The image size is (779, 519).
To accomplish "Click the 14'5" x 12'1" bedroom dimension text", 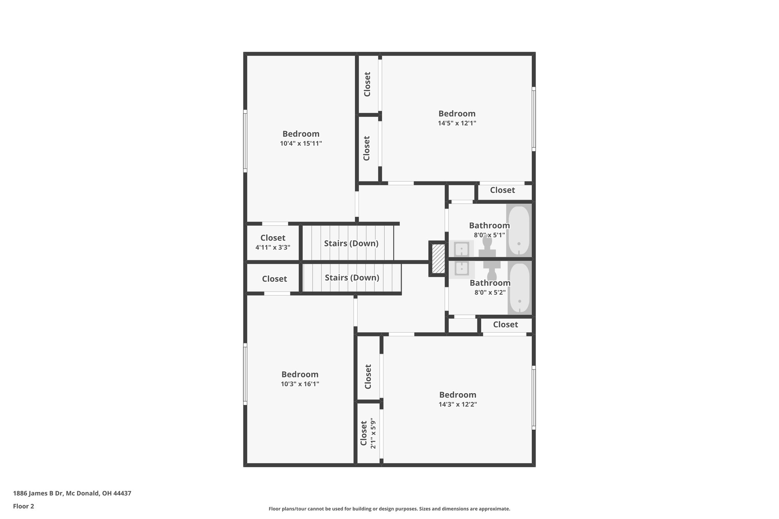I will pos(457,123).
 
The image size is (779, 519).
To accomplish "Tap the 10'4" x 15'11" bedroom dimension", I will pos(301,143).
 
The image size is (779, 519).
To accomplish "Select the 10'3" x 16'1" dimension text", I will pos(300,384).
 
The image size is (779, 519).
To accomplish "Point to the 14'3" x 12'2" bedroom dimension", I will pos(458,404).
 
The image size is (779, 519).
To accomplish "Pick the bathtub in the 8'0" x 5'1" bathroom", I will pos(519,230).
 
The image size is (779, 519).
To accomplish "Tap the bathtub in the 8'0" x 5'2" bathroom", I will pos(519,289).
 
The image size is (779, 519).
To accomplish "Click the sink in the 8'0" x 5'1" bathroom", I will pos(461,249).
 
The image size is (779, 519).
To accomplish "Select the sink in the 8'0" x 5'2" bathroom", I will pos(462,269).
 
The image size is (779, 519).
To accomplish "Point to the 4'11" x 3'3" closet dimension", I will pos(273,248).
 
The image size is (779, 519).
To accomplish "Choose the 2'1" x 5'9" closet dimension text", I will pos(373,433).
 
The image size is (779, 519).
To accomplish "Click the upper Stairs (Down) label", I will pos(351,243).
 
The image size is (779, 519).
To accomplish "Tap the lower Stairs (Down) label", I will pos(352,278).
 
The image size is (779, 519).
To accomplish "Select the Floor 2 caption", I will pos(24,506).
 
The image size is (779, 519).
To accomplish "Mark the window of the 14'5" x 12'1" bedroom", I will pos(534,119).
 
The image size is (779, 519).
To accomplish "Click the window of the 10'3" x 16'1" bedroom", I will pos(245,374).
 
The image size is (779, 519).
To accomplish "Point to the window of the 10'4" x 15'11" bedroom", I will pos(245,141).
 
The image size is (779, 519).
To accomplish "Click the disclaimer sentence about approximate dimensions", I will pos(389,509).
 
